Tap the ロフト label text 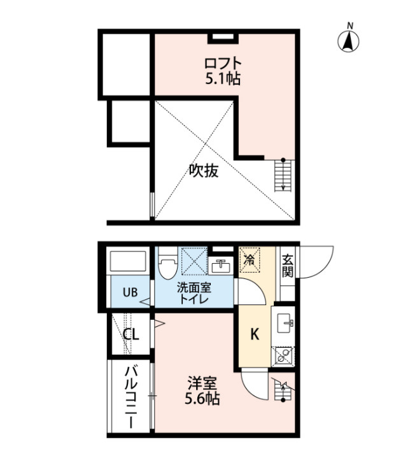pos(223,63)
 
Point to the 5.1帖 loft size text pos(223,78)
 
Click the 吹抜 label pos(204,171)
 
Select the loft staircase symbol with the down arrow pos(283,175)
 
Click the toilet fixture pos(168,263)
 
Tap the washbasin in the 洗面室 pos(221,266)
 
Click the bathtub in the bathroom pos(128,261)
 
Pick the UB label pos(130,292)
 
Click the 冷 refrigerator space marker pos(249,260)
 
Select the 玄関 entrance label pos(287,266)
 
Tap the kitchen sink pos(285,323)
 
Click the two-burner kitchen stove pos(283,357)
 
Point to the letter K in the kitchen pos(255,334)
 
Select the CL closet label pos(131,334)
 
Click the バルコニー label pos(131,397)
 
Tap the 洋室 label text pos(202,383)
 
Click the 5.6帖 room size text pos(202,399)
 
